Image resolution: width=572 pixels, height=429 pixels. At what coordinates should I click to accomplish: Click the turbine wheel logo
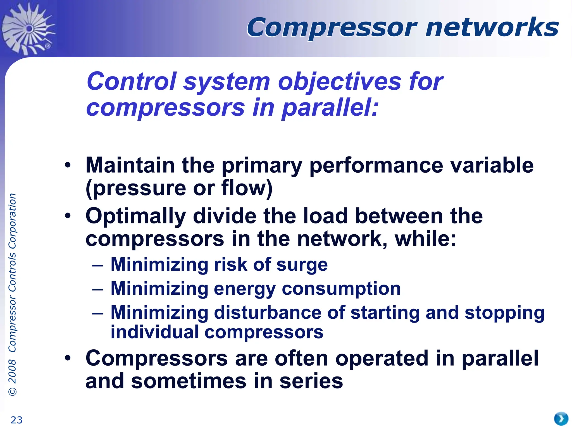pyautogui.click(x=28, y=28)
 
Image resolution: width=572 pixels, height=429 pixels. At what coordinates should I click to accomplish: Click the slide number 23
pyautogui.click(x=16, y=420)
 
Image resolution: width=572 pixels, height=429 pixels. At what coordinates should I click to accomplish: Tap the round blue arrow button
pyautogui.click(x=561, y=419)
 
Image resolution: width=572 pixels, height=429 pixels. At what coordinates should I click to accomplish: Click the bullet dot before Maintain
pyautogui.click(x=68, y=165)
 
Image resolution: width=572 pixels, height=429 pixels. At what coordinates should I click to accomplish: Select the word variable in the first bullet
pyautogui.click(x=492, y=165)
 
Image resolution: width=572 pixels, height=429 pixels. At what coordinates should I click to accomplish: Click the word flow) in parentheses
pyautogui.click(x=247, y=188)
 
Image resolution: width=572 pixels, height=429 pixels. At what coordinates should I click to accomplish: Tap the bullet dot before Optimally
pyautogui.click(x=68, y=216)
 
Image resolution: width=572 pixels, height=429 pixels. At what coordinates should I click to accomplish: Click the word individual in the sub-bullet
pyautogui.click(x=154, y=332)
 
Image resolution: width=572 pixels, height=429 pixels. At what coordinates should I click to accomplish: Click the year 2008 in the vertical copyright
pyautogui.click(x=12, y=371)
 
